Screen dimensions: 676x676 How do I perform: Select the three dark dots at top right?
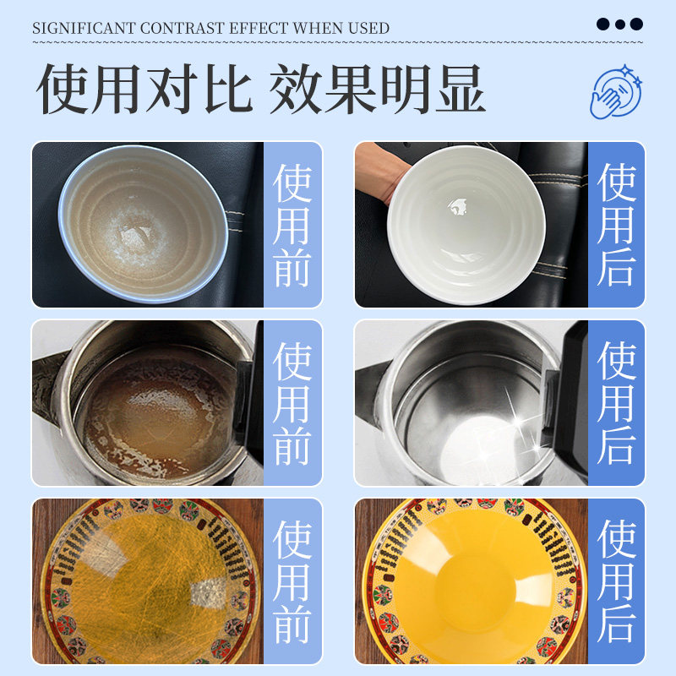point(619,24)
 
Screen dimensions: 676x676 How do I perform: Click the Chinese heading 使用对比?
point(144,89)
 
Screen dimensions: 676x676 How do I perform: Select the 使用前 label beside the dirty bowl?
point(292,225)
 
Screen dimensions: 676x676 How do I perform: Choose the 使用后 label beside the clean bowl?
point(616,225)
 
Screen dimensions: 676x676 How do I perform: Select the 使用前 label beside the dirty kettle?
point(292,403)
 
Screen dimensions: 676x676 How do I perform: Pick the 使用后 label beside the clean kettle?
point(616,403)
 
